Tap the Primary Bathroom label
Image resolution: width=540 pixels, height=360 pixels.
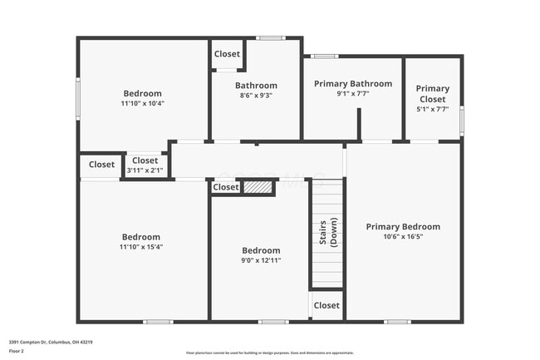[353, 83]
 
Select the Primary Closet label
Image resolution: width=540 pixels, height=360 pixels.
[432, 93]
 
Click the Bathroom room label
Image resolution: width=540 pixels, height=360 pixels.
[256, 85]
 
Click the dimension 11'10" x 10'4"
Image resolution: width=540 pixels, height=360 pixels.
[142, 104]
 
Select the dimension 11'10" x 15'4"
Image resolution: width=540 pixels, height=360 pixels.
[140, 247]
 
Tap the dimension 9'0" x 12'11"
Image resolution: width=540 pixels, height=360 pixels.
[261, 260]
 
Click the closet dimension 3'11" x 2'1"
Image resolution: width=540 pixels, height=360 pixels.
[145, 170]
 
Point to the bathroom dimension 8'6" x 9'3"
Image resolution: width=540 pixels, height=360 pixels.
[256, 96]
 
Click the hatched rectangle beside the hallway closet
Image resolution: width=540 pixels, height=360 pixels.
[259, 188]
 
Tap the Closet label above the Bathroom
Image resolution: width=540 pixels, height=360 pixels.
[227, 54]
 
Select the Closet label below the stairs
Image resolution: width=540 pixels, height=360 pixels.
[326, 305]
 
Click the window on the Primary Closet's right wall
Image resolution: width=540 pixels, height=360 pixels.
[461, 120]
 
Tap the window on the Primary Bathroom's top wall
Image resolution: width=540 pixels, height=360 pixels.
[325, 57]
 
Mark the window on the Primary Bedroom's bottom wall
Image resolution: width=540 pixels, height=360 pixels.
[397, 321]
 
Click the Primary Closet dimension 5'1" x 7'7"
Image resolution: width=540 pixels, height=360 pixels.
[432, 109]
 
